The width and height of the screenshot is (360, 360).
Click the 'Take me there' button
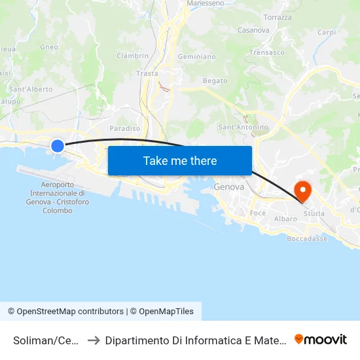179,160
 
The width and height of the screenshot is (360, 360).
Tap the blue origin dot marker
58,146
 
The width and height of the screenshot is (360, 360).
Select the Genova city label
229,187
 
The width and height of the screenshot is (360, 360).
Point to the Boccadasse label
307,239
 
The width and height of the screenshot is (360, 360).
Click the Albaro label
285,219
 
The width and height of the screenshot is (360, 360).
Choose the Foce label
258,213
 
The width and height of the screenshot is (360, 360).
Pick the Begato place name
215,81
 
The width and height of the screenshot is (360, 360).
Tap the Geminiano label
196,57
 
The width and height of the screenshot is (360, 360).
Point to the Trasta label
147,74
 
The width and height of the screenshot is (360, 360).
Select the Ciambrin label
132,56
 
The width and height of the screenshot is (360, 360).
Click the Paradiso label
124,129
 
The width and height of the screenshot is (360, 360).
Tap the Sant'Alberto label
31,89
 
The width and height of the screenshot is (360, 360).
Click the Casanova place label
253,30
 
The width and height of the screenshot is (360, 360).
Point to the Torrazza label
277,17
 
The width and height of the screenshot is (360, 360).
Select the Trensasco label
267,52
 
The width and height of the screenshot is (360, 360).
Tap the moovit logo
321,339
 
